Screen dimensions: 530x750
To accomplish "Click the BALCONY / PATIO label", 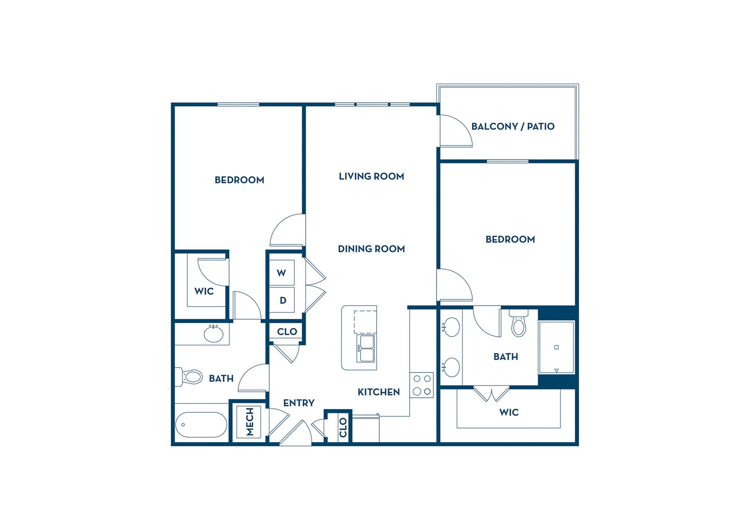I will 513,126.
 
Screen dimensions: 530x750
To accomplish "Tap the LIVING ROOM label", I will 371,176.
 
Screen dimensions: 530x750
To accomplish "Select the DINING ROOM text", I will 371,249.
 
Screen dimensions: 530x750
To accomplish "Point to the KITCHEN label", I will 379,392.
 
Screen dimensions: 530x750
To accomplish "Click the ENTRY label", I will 299,403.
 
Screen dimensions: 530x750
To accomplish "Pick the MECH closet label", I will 249,422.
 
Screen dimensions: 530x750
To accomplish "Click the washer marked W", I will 282,273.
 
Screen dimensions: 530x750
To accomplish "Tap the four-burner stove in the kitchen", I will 422,385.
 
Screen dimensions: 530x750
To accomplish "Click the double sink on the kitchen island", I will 365,348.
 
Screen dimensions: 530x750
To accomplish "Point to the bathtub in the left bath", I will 201,425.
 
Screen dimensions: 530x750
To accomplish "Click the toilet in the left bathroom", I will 190,377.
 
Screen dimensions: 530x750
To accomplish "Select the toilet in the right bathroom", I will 519,324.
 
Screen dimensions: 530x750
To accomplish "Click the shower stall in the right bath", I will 556,347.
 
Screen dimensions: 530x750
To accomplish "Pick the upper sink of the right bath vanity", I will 451,327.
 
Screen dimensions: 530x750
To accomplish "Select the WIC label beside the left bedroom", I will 204,291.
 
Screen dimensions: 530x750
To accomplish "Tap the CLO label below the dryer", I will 287,332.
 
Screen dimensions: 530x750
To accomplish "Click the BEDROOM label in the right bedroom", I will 510,239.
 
